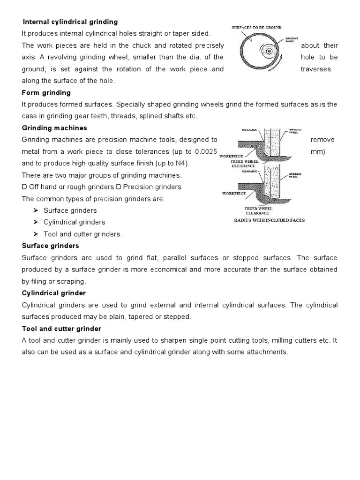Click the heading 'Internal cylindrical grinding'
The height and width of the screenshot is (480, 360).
(x=70, y=22)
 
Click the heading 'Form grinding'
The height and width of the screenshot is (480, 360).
(x=46, y=92)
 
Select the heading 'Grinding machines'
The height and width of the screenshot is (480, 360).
(x=54, y=128)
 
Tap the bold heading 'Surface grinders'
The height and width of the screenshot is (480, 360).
(x=51, y=246)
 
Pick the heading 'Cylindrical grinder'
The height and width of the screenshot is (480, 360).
(x=54, y=293)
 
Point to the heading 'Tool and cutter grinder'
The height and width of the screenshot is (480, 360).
(x=61, y=329)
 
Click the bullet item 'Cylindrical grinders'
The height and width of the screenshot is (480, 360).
(x=74, y=222)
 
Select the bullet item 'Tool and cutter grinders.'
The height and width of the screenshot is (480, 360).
(x=82, y=234)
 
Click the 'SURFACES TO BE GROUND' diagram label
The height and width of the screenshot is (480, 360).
(x=257, y=28)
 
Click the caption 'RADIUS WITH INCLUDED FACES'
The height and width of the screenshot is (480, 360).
(x=269, y=220)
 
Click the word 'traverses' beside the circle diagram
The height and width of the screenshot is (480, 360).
(x=315, y=69)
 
